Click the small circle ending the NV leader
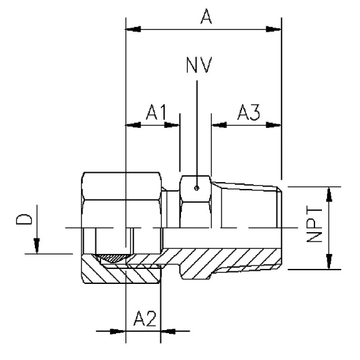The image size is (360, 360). [197, 185]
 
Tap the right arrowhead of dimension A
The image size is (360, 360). [275, 29]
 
